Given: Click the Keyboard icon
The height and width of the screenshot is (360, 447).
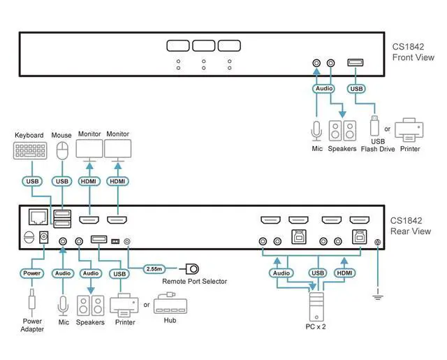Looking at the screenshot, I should (29, 151).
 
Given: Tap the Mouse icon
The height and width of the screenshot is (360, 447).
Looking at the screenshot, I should (63, 150).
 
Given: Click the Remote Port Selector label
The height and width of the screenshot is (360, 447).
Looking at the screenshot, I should (194, 282).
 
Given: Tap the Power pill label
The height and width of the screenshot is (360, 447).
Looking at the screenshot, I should (33, 273).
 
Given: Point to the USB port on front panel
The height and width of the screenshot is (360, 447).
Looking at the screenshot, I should (356, 64).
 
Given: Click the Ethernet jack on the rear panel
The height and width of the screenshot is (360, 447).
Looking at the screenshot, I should (37, 218).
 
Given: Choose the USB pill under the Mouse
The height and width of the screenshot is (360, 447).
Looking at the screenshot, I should (63, 181).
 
